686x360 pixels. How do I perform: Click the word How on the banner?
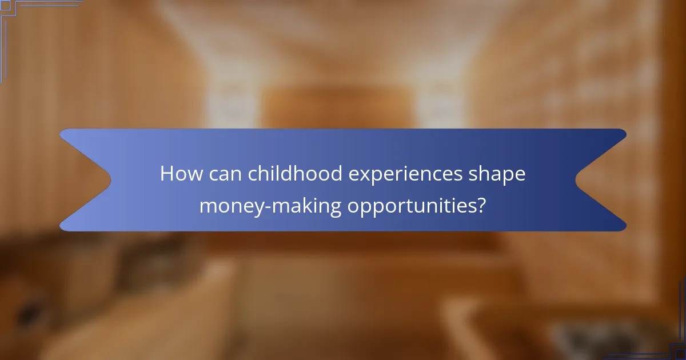point(179,174)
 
